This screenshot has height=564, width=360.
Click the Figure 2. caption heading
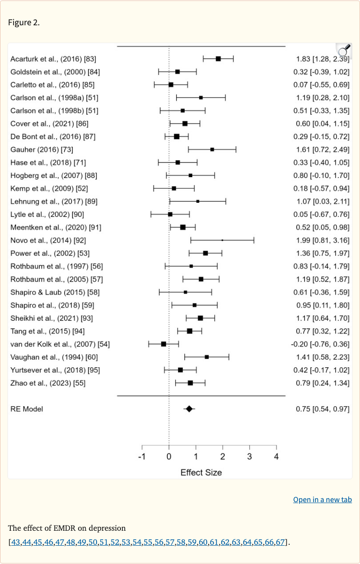coord(23,23)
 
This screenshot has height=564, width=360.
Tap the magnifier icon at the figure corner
coord(344,50)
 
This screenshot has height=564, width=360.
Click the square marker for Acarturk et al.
coord(218,59)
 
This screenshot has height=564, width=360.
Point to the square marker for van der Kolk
coord(164,344)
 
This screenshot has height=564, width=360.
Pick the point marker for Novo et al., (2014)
coord(222,240)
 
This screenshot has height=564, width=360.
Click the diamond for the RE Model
coord(189,409)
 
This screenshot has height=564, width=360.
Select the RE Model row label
coord(26,409)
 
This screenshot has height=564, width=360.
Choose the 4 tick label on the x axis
coord(276,457)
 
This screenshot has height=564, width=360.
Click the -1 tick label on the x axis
coord(142,457)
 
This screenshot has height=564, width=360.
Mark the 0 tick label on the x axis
coord(169,457)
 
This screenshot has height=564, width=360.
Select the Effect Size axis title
coord(201,472)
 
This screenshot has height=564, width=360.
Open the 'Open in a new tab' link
coord(322,499)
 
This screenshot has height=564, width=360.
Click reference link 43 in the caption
coord(15,542)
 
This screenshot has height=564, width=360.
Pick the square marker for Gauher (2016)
coord(212,149)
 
